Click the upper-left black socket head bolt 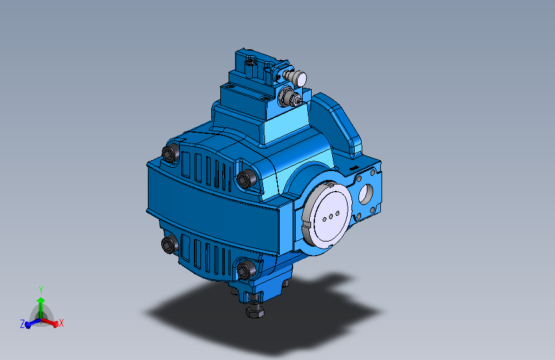coord(170,154)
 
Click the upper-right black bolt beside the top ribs coord(245,179)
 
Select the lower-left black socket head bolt coord(169,245)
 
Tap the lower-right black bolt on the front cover coord(245,270)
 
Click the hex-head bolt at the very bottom coord(254,311)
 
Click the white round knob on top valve coord(298,78)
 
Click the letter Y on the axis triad coord(41,290)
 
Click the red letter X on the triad coord(62,323)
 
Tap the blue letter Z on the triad coord(22,324)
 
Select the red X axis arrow coord(52,322)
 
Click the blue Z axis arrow coord(29,323)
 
